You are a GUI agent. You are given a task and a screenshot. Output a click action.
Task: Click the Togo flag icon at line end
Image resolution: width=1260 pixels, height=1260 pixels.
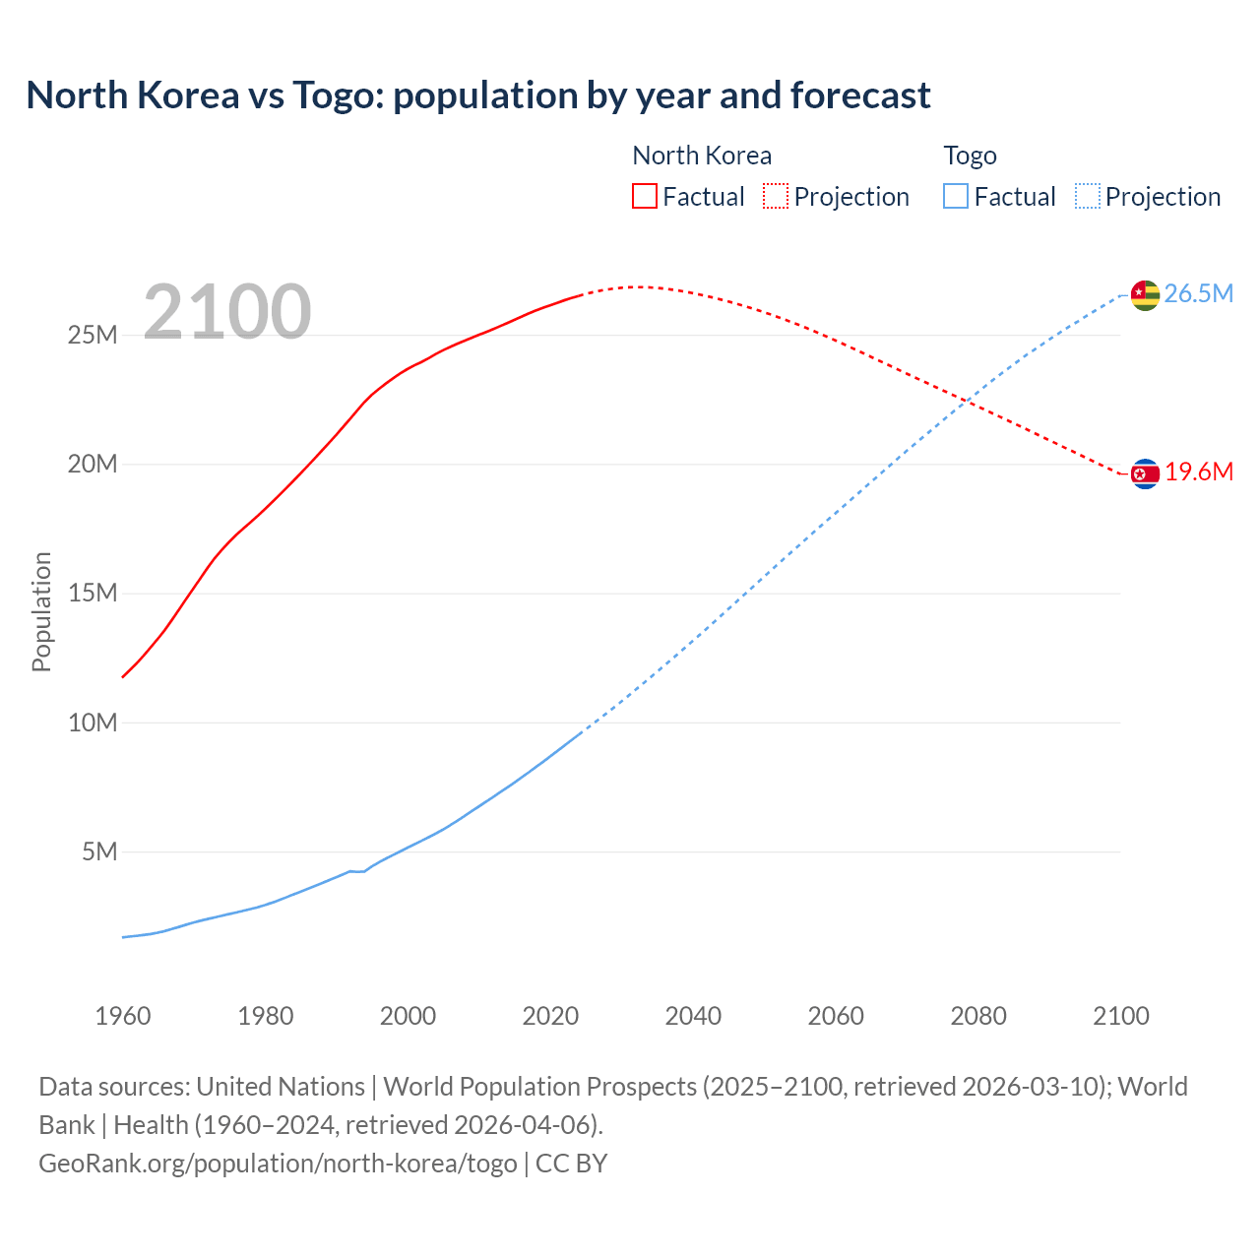pos(1145,294)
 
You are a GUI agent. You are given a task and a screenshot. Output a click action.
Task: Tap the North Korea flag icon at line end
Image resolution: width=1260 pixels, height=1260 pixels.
pos(1145,474)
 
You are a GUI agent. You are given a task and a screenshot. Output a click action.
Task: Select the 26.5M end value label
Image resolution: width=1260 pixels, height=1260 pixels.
pos(1198,294)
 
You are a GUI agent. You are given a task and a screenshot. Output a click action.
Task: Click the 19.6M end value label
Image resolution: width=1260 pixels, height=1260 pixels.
pos(1199,472)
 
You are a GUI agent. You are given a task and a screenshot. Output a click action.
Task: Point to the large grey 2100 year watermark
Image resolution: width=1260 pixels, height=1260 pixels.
pos(227,312)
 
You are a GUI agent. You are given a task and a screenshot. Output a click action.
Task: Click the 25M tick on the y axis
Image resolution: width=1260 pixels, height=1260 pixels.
pos(93,336)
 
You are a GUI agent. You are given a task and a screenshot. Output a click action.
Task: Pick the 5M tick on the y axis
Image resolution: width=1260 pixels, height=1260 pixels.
pos(99,851)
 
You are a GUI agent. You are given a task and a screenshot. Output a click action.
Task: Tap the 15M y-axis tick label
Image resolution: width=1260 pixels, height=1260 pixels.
pos(93,594)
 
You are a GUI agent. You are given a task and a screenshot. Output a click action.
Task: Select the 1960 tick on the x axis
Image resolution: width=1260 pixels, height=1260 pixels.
pos(123,1016)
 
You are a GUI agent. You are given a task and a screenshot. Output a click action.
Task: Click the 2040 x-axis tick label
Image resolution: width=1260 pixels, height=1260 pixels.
pos(693,1016)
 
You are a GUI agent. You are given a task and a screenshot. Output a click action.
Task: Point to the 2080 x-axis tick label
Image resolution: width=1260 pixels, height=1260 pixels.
pos(978,1016)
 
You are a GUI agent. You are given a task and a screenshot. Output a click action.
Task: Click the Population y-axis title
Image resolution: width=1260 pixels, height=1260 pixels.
pos(41,611)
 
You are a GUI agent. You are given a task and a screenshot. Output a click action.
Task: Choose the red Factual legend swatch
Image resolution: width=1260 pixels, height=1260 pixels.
pos(644,196)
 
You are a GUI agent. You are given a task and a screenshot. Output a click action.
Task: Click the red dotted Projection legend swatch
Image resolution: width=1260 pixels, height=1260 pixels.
pos(776,196)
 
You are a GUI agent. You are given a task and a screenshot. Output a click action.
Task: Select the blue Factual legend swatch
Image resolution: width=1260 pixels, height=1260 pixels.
pos(955,196)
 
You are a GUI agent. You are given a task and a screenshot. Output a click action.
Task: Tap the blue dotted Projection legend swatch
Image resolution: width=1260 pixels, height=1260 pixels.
pos(1087,196)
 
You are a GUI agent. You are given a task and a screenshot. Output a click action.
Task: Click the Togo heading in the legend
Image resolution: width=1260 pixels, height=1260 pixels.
pos(970,156)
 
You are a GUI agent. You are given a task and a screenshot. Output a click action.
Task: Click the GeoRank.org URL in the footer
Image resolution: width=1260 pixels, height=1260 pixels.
pos(278,1164)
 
